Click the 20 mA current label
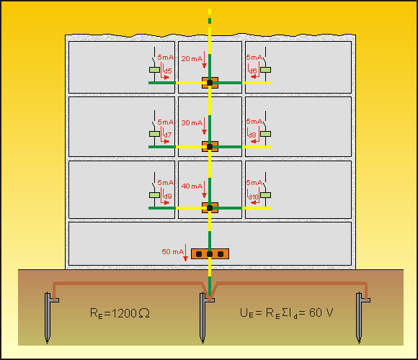point(192,59)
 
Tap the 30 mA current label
point(192,122)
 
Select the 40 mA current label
point(192,186)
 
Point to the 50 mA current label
point(172,251)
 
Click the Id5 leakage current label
point(167,71)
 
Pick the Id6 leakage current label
point(252,71)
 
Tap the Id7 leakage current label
point(167,135)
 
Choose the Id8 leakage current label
point(252,134)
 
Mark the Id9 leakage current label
point(167,196)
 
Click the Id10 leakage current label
point(253,197)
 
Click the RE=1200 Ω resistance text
point(120,313)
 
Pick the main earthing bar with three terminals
point(210,254)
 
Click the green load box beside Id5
point(154,70)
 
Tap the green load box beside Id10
point(265,195)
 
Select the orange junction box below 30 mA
point(210,147)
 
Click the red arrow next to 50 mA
point(186,253)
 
